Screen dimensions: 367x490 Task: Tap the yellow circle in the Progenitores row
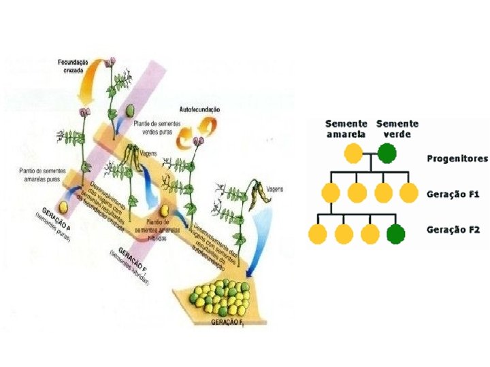[353, 154]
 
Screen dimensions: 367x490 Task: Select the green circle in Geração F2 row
[395, 234]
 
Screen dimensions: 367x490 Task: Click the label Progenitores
[457, 158]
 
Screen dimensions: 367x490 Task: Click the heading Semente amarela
[346, 129]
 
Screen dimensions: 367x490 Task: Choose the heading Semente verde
[397, 129]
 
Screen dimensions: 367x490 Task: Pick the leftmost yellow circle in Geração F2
[318, 234]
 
